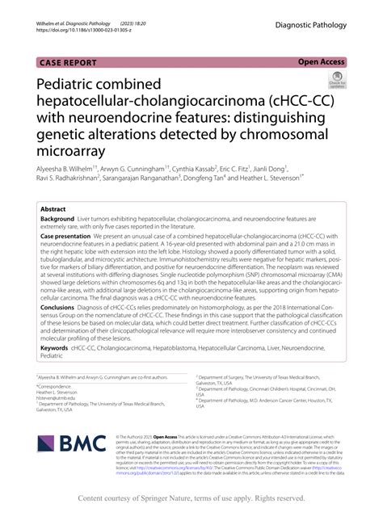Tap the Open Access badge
pyautogui.click(x=322, y=61)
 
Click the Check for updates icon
pyautogui.click(x=336, y=80)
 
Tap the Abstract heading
pyautogui.click(x=57, y=208)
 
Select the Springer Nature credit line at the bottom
pyautogui.click(x=191, y=498)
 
